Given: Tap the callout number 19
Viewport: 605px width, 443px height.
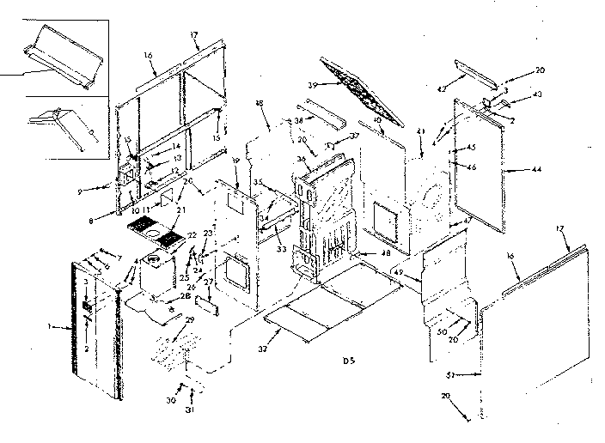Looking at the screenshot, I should coord(234,161).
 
